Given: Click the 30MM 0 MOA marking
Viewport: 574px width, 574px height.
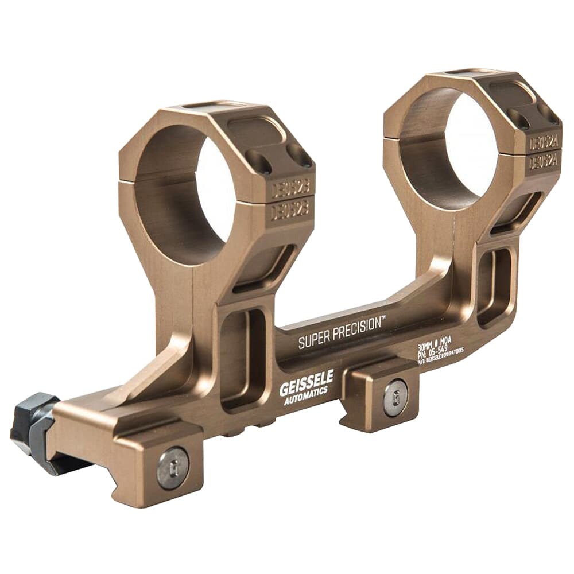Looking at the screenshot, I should (435, 341).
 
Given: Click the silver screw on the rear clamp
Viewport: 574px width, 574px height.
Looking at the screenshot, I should (395, 396).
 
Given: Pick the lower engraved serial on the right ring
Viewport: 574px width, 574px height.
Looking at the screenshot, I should (543, 162).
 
